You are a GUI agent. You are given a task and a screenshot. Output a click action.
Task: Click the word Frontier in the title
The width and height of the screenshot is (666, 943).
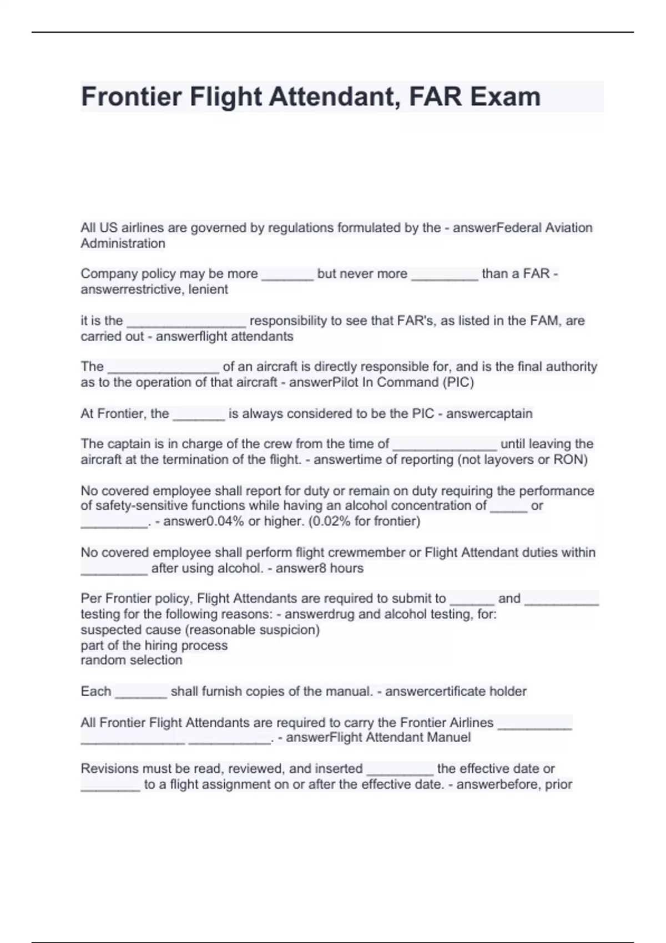[132, 97]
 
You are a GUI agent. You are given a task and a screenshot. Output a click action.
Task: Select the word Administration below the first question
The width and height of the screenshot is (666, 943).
[123, 244]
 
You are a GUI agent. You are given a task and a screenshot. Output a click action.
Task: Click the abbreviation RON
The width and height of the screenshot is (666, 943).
[570, 459]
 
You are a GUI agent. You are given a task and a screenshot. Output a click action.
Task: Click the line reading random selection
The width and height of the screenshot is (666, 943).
[131, 660]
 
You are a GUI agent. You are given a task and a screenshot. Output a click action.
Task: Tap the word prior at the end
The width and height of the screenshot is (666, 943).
[558, 784]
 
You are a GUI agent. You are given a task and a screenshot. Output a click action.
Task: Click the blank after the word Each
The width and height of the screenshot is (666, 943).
[141, 693]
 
